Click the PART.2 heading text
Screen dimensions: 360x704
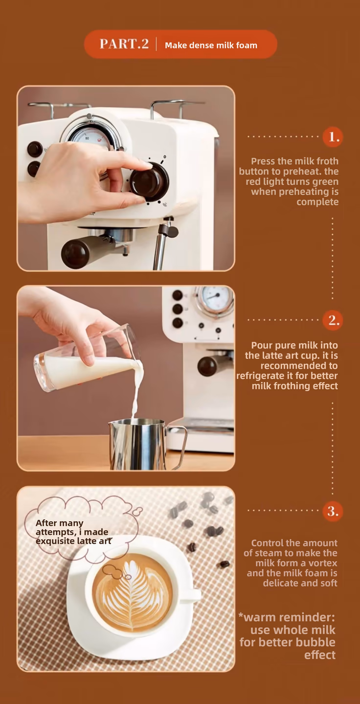[x=124, y=44]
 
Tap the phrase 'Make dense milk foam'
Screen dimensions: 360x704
[x=211, y=45]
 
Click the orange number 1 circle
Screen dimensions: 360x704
[x=333, y=137]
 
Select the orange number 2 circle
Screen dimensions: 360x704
[x=333, y=320]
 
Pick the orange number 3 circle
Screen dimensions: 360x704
[x=333, y=511]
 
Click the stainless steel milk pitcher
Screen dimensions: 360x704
[x=138, y=443]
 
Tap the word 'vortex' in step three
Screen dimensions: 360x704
[x=323, y=563]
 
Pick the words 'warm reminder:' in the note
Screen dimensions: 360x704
[x=287, y=617]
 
